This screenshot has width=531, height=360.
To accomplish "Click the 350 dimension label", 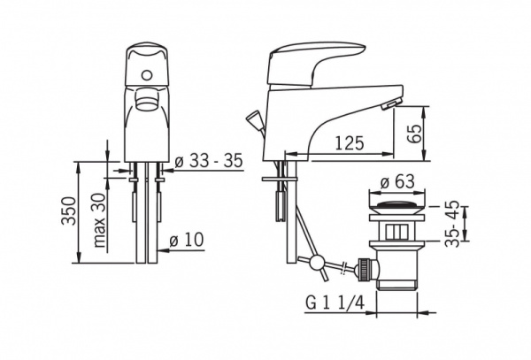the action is tap(69, 211).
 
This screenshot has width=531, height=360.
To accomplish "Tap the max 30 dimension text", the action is tap(99, 220).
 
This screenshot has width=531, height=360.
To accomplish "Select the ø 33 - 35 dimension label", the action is tap(209, 160).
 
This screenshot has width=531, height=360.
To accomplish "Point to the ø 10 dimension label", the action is tap(187, 240).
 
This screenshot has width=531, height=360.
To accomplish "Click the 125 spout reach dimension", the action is tap(350, 143).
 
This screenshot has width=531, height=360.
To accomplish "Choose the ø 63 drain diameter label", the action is tap(397, 181).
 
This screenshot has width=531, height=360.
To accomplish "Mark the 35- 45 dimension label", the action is tap(452, 224).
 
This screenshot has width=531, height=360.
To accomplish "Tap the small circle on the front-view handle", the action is tap(147, 75).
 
